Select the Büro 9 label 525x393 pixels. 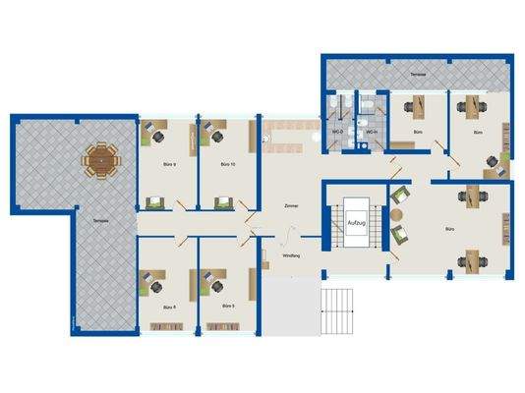(x=167, y=165)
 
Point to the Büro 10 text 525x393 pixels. (x=225, y=165)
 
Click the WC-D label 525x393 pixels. (x=337, y=132)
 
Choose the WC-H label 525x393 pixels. (x=372, y=132)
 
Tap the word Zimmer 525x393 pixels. (x=290, y=207)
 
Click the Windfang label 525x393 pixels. (x=291, y=256)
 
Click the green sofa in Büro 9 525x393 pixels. (x=155, y=201)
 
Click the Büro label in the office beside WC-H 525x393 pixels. (x=419, y=132)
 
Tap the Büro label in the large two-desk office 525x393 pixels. (x=450, y=229)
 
